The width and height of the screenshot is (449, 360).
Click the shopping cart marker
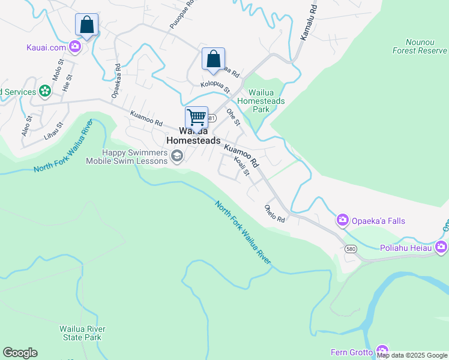(196, 118)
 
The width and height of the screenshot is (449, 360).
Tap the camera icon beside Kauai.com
(75, 46)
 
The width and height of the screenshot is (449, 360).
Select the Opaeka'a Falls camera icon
(343, 221)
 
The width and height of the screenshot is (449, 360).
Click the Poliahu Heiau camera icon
(441, 247)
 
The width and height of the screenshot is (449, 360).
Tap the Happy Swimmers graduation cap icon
(177, 157)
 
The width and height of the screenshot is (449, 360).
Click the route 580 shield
(352, 248)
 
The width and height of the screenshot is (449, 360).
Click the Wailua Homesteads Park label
(261, 101)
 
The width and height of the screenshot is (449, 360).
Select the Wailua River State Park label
(82, 333)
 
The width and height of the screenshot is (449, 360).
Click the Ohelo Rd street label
(275, 213)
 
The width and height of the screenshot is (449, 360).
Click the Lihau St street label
(53, 132)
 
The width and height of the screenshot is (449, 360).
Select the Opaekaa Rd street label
(116, 80)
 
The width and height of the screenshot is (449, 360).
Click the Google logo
(20, 353)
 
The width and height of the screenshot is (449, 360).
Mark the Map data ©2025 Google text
(412, 355)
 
